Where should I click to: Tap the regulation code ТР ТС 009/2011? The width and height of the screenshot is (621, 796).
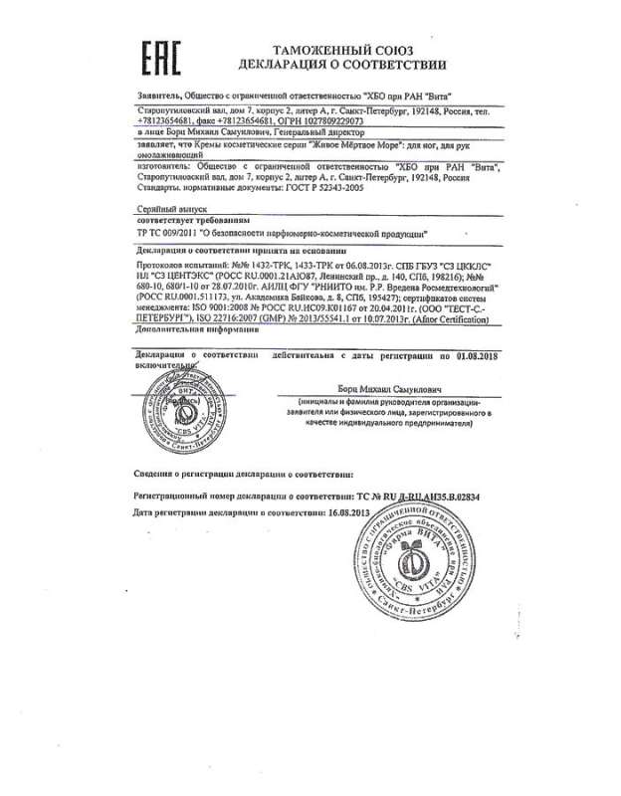[162, 230]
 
